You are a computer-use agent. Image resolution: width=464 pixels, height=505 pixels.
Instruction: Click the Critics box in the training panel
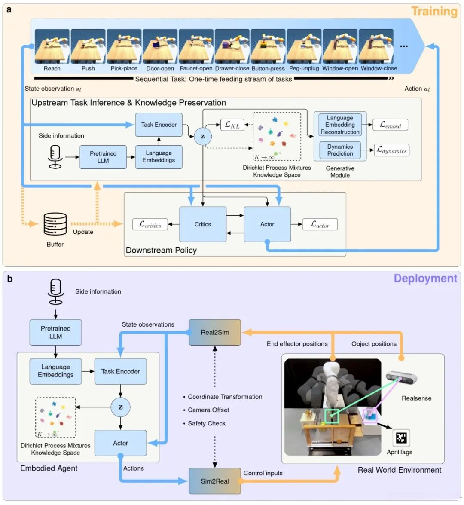203,224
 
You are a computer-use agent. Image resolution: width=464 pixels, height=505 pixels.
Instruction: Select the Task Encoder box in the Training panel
159,125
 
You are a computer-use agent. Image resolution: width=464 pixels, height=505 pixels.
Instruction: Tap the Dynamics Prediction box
340,150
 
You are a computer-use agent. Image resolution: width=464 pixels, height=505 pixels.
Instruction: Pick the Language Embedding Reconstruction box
340,125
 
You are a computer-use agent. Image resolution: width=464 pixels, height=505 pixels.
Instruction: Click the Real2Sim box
215,332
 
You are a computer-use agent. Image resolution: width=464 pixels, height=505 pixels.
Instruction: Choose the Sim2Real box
215,481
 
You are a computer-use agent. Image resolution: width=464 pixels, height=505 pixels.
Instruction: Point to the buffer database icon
55,224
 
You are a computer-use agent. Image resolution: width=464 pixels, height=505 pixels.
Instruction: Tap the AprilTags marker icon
401,438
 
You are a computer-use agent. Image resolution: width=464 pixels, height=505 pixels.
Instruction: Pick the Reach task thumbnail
52,46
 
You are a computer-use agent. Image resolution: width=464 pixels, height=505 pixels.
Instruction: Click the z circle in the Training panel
203,136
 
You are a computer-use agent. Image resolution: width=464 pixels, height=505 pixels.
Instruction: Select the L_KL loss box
232,125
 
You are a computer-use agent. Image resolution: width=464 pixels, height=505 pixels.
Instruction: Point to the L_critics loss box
150,224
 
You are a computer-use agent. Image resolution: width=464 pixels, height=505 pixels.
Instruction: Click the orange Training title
434,12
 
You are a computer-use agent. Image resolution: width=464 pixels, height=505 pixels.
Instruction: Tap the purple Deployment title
425,279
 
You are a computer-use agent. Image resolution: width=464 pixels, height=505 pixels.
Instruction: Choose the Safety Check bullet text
207,423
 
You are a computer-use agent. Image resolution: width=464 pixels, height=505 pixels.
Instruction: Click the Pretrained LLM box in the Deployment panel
55,332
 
